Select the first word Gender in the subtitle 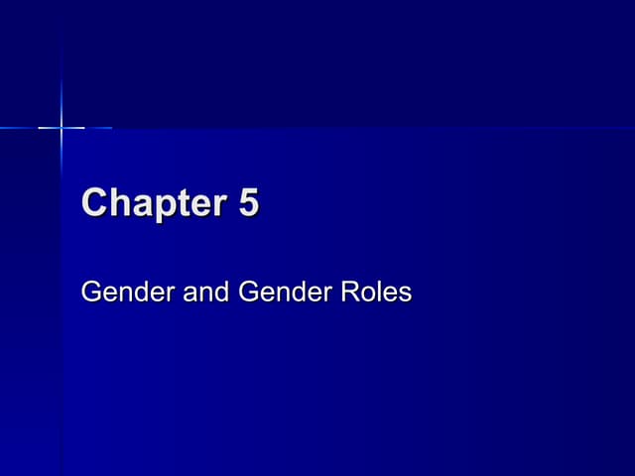click(x=120, y=293)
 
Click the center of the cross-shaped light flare click(x=62, y=127)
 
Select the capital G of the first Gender click(x=91, y=293)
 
